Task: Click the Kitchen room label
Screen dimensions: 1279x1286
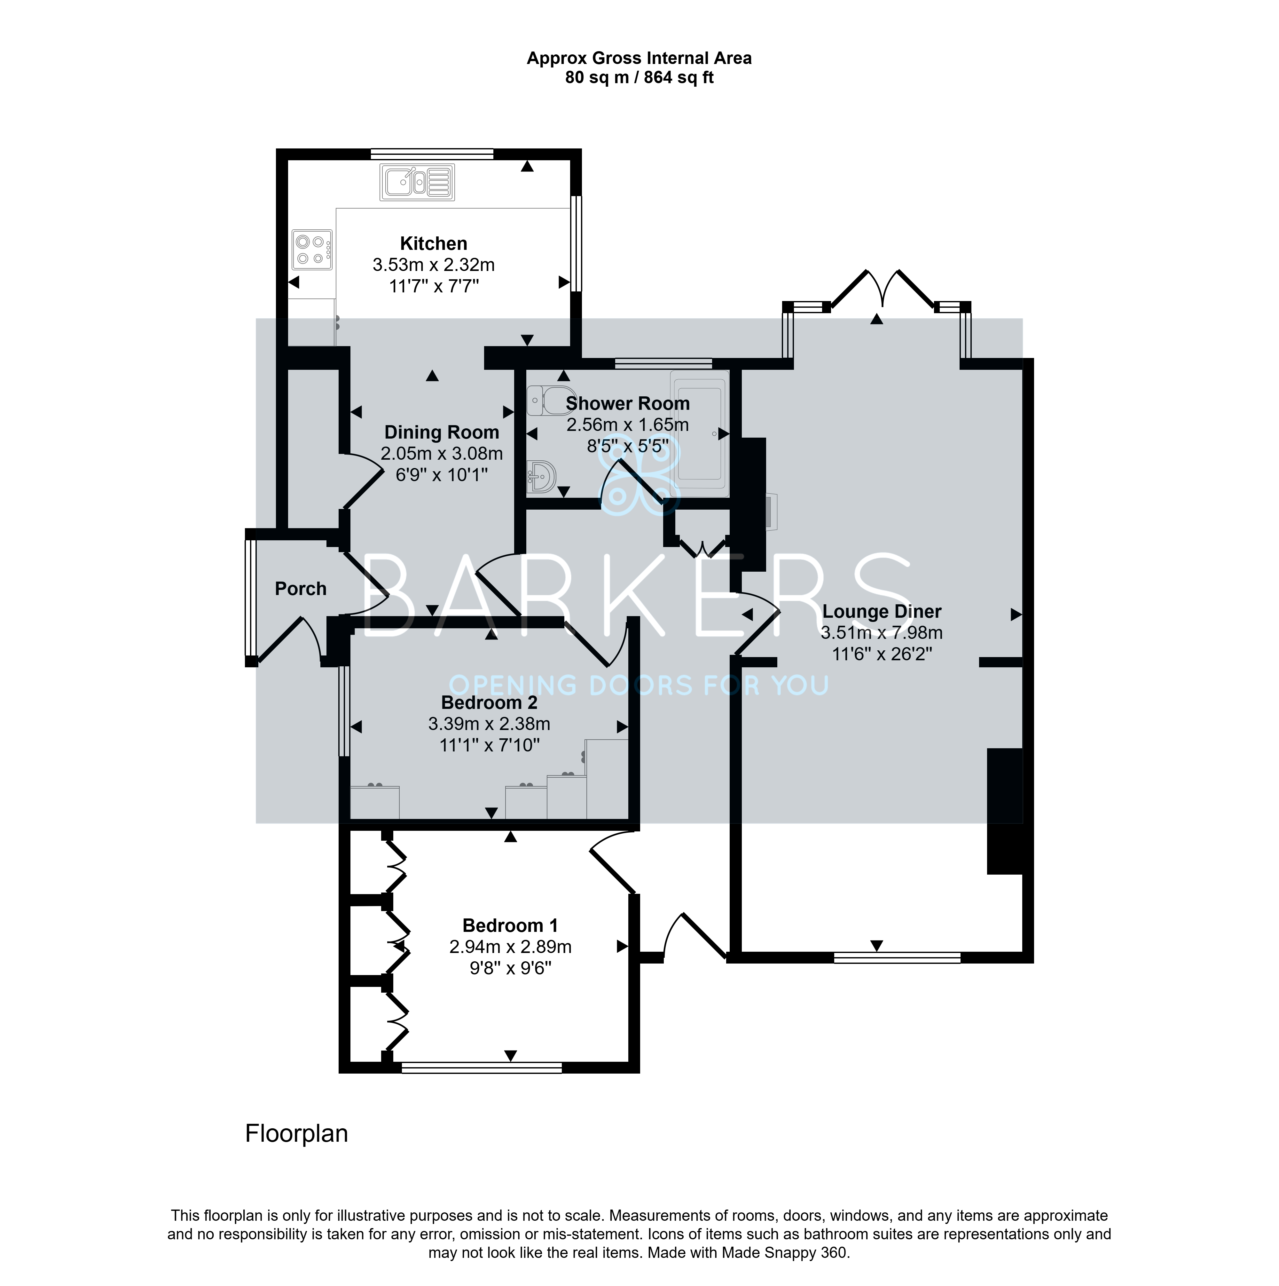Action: (433, 244)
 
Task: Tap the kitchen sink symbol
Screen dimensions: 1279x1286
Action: (417, 182)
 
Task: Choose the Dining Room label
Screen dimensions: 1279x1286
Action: (441, 433)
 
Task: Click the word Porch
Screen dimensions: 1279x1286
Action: (301, 588)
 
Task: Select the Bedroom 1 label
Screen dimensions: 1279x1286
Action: (510, 926)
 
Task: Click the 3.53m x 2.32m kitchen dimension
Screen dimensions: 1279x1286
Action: (433, 265)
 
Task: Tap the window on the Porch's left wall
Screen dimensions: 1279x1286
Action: (251, 598)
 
